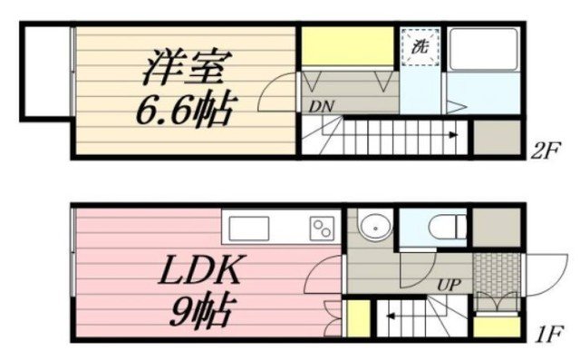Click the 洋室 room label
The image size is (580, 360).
[187, 67]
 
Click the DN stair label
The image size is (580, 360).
[322, 107]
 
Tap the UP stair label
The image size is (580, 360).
[449, 285]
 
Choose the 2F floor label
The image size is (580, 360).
[546, 151]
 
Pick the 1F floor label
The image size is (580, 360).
[549, 334]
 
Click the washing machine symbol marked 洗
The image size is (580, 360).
[420, 47]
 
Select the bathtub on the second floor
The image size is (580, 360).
[483, 49]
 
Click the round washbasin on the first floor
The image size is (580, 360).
[375, 228]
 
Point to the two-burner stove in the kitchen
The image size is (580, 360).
[322, 229]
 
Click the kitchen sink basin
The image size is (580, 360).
[248, 229]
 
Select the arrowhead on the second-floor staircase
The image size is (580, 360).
[453, 135]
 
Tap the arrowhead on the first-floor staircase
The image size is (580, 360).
[390, 316]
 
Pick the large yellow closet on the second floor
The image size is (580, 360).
[347, 46]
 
